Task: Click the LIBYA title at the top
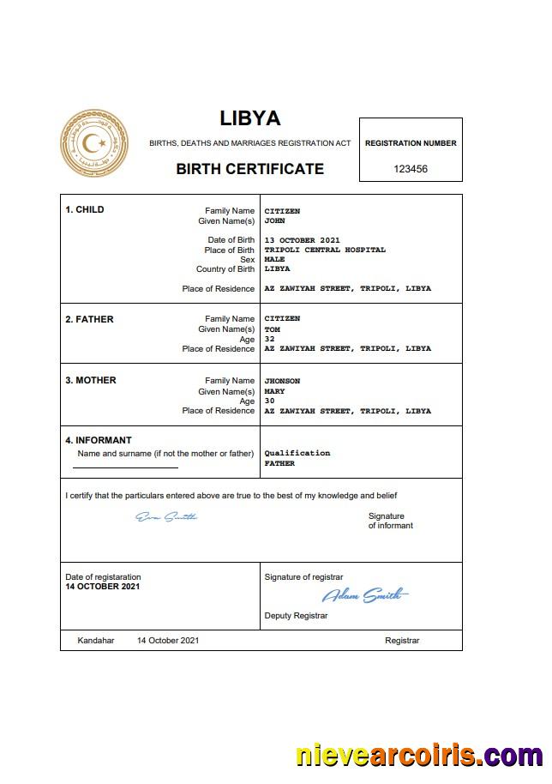click(249, 118)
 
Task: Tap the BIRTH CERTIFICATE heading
click(249, 169)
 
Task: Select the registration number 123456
click(411, 169)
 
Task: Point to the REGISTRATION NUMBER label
click(411, 143)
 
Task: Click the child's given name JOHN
click(274, 220)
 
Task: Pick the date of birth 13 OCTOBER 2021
click(303, 240)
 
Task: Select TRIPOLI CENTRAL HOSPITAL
click(325, 250)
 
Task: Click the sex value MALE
click(274, 259)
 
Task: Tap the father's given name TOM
click(272, 329)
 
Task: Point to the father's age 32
click(269, 339)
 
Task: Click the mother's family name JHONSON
click(282, 381)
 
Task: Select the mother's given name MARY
click(274, 391)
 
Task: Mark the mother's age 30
click(269, 401)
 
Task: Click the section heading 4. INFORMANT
click(99, 440)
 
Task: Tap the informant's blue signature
click(166, 516)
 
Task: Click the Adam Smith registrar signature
click(365, 594)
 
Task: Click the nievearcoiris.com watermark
click(419, 756)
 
